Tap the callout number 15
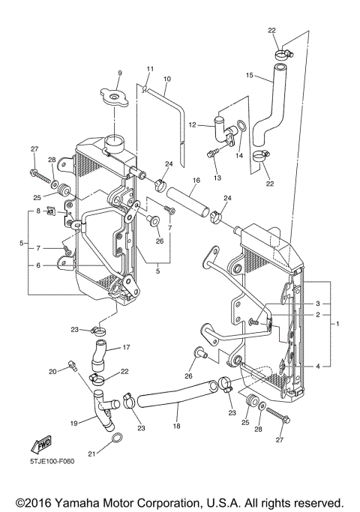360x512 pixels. click(x=250, y=75)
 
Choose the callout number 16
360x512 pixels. click(x=194, y=180)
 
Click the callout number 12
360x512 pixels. click(x=193, y=124)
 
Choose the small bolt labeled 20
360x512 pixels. click(x=73, y=366)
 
